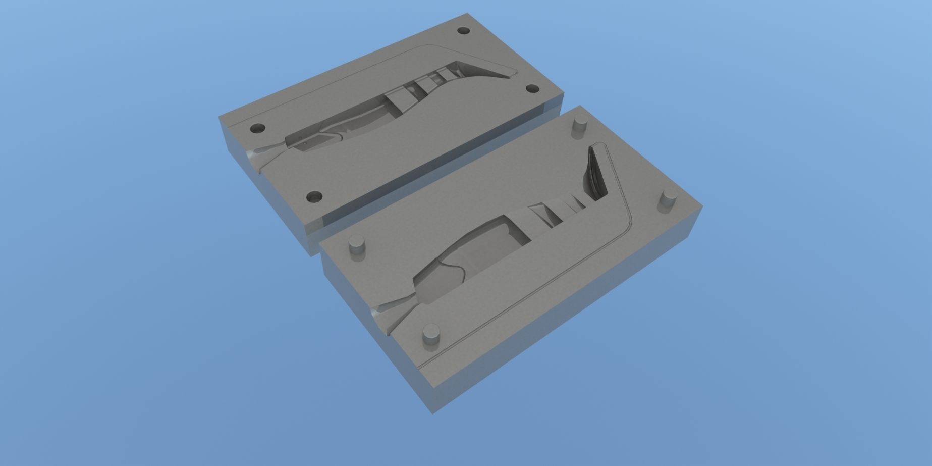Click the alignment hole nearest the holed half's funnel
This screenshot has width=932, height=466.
pyautogui.click(x=258, y=128)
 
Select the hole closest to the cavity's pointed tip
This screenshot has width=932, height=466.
pyautogui.click(x=532, y=89)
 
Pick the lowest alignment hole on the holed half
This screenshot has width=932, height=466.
pyautogui.click(x=315, y=195)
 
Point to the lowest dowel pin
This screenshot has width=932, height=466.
pyautogui.click(x=431, y=334)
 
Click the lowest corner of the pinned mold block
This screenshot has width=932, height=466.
pyautogui.click(x=433, y=413)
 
